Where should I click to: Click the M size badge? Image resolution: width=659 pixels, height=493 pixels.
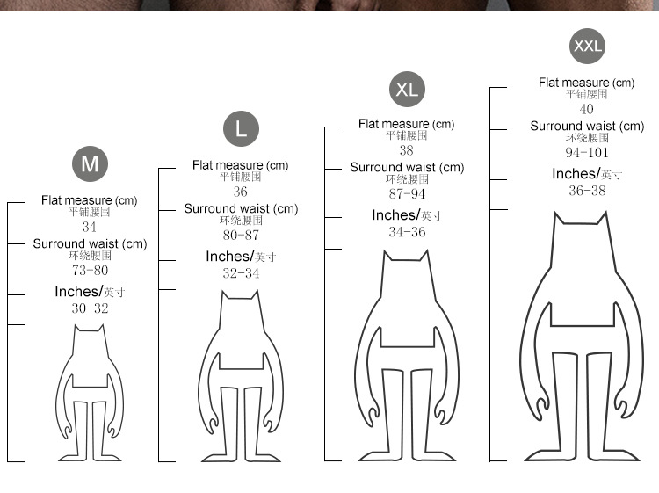click(x=90, y=164)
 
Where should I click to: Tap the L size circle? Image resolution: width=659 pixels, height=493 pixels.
click(x=241, y=128)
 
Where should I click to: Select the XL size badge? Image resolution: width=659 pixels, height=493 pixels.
click(x=407, y=89)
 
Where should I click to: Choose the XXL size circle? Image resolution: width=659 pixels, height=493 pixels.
click(x=587, y=46)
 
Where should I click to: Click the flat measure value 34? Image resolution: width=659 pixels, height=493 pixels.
click(x=89, y=227)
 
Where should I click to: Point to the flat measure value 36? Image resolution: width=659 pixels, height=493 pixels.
click(x=241, y=192)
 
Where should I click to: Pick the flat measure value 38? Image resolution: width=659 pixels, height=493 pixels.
click(x=407, y=150)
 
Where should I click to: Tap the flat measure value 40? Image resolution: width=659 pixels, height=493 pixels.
click(x=586, y=109)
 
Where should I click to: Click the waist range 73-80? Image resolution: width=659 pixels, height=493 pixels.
click(x=90, y=271)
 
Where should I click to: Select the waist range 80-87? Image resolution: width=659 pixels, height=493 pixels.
click(x=241, y=236)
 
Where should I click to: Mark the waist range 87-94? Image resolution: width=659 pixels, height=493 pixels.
click(x=407, y=193)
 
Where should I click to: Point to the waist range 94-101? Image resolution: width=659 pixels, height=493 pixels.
click(x=587, y=153)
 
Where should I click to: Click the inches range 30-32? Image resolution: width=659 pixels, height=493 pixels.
click(x=90, y=308)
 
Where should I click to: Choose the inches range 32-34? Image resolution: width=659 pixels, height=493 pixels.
click(x=241, y=273)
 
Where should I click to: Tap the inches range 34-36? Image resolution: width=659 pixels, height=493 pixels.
click(x=407, y=232)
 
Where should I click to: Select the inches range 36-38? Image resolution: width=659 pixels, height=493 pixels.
click(x=587, y=191)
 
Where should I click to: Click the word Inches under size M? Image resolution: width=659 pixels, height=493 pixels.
click(x=77, y=291)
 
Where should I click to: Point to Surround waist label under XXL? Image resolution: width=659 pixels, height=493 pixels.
click(x=587, y=126)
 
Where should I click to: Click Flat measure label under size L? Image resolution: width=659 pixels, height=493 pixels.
click(x=241, y=165)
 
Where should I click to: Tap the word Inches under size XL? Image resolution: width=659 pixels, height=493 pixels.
click(x=395, y=214)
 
